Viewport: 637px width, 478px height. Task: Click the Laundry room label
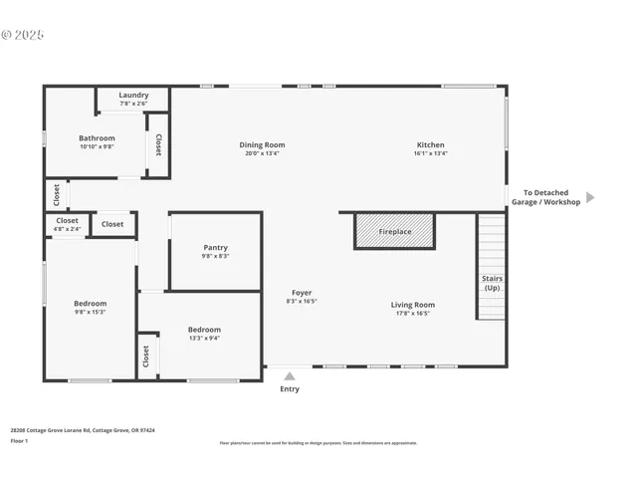coord(133,96)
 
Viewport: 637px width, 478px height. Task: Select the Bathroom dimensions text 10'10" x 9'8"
coord(98,147)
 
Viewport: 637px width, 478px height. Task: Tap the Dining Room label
coord(262,145)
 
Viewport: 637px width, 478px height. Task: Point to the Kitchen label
coord(430,145)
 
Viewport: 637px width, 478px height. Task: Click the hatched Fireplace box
coord(395,231)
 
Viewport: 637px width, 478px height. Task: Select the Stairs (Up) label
coord(492,283)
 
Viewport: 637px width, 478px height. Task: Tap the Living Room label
coord(412,305)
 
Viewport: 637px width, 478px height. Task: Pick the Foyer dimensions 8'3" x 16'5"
coord(302,301)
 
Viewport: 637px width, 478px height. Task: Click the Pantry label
coord(215,248)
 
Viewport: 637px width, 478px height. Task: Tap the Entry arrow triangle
coord(290,376)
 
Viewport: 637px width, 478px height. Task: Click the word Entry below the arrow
coord(290,389)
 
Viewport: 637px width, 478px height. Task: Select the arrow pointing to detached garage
coord(589,197)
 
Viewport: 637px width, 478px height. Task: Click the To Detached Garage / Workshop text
coord(545,197)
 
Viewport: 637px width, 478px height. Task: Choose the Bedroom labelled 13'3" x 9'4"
coord(204,330)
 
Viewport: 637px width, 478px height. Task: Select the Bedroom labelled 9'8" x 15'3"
coord(90,304)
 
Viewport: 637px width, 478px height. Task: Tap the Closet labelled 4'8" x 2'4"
coord(67,221)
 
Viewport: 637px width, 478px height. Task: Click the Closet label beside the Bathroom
coord(157,144)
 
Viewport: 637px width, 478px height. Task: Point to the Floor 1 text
coord(19,440)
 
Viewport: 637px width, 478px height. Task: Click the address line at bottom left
coord(83,430)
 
